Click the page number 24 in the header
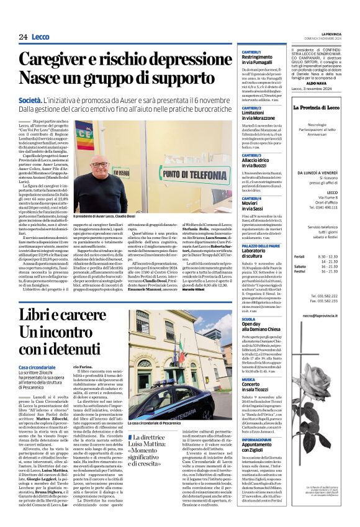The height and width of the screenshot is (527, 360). [x=22, y=37]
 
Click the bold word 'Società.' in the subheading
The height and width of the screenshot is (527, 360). [x=30, y=99]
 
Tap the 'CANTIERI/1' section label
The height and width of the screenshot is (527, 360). [x=251, y=51]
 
